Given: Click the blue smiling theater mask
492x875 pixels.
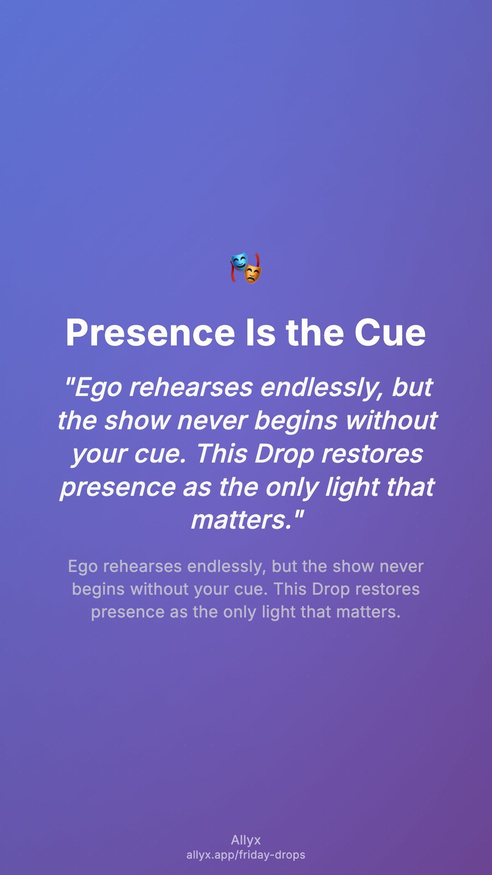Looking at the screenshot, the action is pos(239,263).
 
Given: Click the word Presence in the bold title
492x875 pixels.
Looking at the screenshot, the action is pos(150,332).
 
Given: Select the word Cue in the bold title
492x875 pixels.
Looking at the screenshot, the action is pos(390,332).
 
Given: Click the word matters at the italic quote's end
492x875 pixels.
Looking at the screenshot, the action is pos(241,520).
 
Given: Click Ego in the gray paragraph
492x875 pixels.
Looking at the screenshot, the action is pos(83,567).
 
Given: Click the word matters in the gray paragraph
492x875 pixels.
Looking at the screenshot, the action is pos(368,612).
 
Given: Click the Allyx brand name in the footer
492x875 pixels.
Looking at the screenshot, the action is pos(246,840).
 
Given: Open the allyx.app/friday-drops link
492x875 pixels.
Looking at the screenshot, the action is pos(246,855).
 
